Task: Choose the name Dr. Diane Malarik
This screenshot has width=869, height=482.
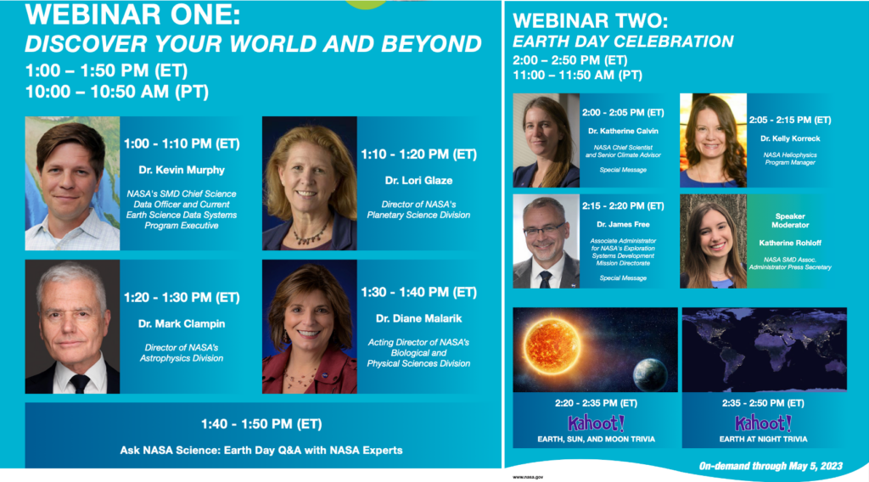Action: (x=418, y=318)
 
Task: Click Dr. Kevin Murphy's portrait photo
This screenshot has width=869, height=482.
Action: (x=72, y=183)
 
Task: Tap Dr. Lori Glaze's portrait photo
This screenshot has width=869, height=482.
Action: (x=309, y=183)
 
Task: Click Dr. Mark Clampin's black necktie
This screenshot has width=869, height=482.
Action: (x=80, y=383)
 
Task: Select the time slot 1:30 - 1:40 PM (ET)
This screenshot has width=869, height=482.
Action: (x=418, y=293)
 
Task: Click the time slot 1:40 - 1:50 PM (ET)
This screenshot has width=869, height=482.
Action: (x=261, y=423)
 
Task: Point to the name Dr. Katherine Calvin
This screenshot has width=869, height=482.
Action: (x=622, y=131)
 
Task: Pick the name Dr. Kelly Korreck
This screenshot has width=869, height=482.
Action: (x=789, y=138)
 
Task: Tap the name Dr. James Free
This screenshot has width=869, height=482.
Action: (x=622, y=224)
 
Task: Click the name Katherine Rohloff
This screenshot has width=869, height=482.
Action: (x=790, y=244)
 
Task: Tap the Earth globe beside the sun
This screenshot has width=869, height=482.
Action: (x=650, y=374)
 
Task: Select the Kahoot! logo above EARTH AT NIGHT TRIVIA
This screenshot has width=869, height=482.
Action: (x=763, y=422)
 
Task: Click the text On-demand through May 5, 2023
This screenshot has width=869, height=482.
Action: (x=771, y=466)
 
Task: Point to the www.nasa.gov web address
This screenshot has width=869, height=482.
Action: (x=528, y=477)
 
